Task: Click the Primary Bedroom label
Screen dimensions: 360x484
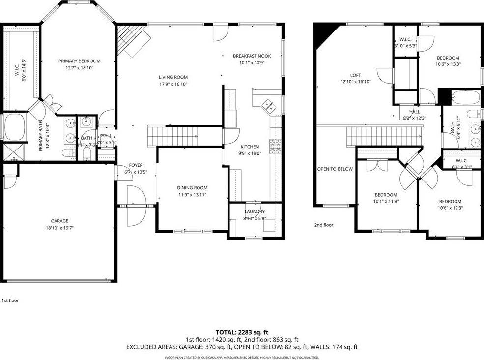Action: point(79,61)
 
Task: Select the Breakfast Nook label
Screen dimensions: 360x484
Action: point(252,56)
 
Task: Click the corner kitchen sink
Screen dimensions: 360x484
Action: point(268,105)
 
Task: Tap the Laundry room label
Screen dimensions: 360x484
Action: point(255,211)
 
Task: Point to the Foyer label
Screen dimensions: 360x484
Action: point(136,165)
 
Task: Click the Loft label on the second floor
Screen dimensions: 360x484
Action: point(355,75)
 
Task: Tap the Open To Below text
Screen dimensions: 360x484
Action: point(335,169)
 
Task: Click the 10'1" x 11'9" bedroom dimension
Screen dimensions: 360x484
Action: point(385,201)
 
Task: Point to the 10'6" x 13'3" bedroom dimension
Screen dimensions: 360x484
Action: point(448,64)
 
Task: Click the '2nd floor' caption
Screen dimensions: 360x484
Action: point(324,225)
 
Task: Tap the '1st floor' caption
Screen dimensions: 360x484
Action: point(10,300)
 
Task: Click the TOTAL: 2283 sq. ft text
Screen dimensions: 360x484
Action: point(242,333)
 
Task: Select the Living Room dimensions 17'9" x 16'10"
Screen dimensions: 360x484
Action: point(173,84)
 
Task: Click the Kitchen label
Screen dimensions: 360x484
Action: point(249,147)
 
